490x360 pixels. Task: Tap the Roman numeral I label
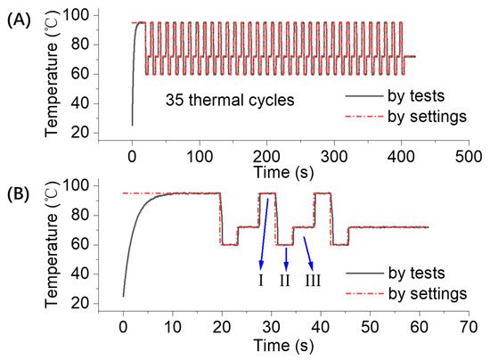pos(261,280)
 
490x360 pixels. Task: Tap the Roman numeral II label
pos(285,280)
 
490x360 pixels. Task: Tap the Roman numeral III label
pos(313,280)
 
